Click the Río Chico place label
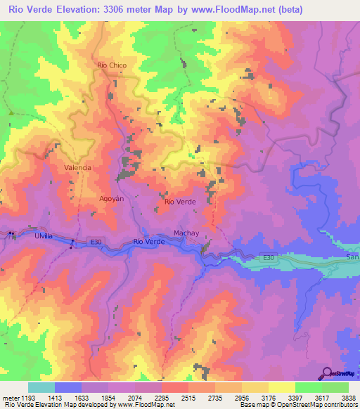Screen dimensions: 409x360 tap(112, 65)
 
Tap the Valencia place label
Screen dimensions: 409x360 tap(77, 168)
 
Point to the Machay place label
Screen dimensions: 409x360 tap(185, 233)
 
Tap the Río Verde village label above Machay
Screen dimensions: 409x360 tap(179, 202)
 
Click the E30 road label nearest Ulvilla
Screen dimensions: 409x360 tap(96, 242)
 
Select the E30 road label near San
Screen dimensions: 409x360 tap(268, 259)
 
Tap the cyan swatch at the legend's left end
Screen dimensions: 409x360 tap(41, 387)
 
